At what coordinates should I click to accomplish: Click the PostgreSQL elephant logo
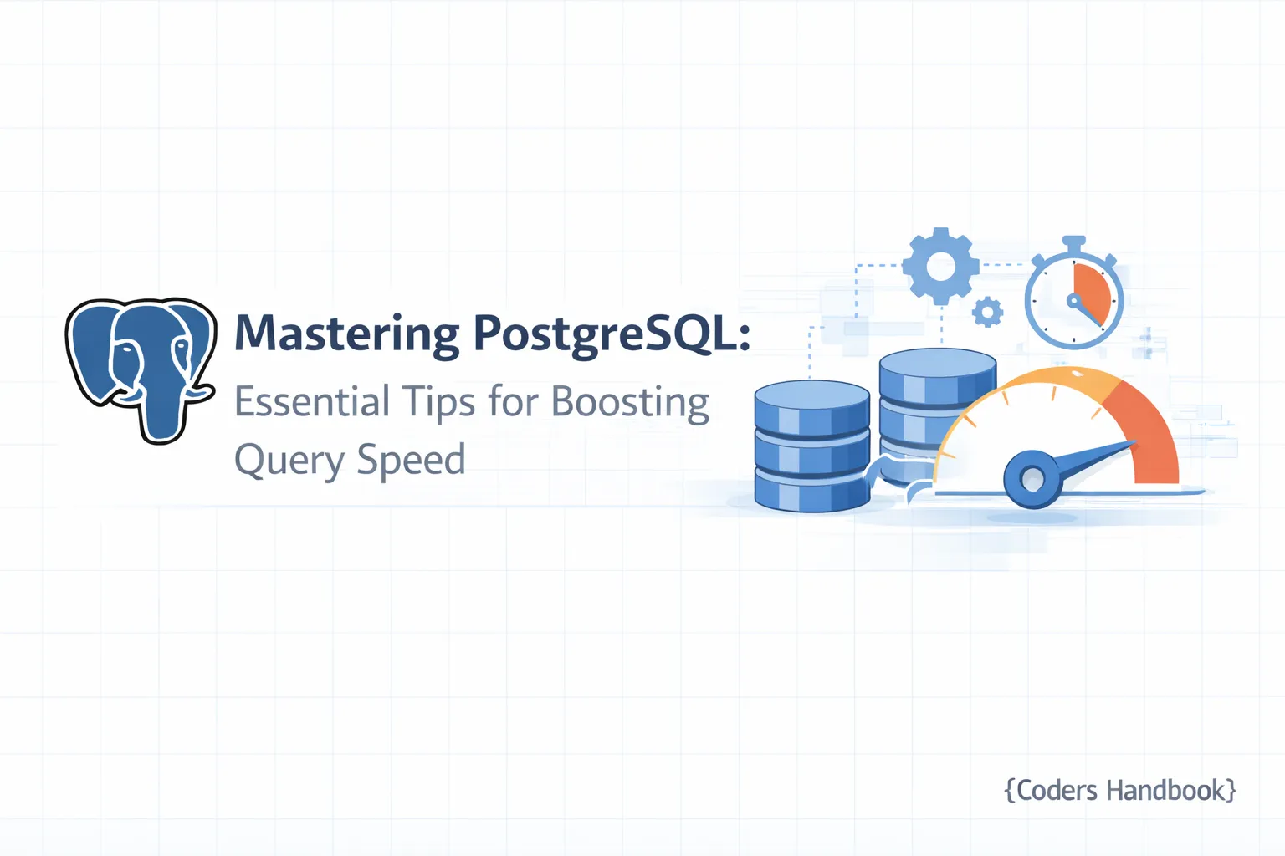pos(141,368)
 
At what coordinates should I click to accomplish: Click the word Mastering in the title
pos(346,334)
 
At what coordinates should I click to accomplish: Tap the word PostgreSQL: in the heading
pos(612,334)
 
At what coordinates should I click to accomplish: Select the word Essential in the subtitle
pos(312,402)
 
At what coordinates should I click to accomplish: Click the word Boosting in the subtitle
pos(630,403)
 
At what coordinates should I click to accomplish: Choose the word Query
pos(289,461)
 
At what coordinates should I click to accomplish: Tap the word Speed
pos(411,461)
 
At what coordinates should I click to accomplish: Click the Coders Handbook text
pos(1120,790)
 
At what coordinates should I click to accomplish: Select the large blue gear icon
pos(940,267)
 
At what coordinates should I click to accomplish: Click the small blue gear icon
pos(987,313)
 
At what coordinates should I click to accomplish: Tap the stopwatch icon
pos(1073,299)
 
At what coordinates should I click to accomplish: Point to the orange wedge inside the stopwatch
pos(1093,293)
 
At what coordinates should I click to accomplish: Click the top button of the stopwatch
pos(1073,242)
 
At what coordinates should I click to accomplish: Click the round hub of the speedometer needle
pos(1032,479)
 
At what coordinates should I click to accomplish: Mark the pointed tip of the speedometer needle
pos(1134,443)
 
